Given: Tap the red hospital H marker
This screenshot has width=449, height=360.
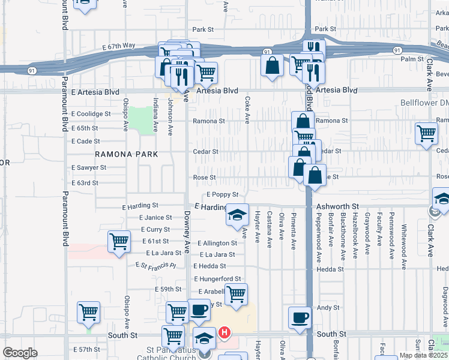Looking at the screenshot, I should tap(224, 332).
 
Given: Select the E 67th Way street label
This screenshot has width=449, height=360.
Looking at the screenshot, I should tap(119, 46).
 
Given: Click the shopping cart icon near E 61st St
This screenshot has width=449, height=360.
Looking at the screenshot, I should tap(119, 241).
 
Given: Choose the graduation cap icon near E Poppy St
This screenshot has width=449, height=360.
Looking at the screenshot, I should tap(237, 215).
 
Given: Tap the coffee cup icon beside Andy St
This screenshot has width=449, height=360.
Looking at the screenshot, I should tap(300, 317).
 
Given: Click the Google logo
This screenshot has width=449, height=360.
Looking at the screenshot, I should tap(20, 353).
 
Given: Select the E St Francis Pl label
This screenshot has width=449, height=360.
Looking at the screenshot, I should tap(155, 265).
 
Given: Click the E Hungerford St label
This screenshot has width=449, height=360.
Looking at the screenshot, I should tap(217, 279).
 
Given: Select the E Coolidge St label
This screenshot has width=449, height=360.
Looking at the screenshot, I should tap(91, 113).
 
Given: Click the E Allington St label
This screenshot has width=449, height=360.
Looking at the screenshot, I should tap(215, 243).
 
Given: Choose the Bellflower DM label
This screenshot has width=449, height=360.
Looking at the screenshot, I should tap(424, 103).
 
